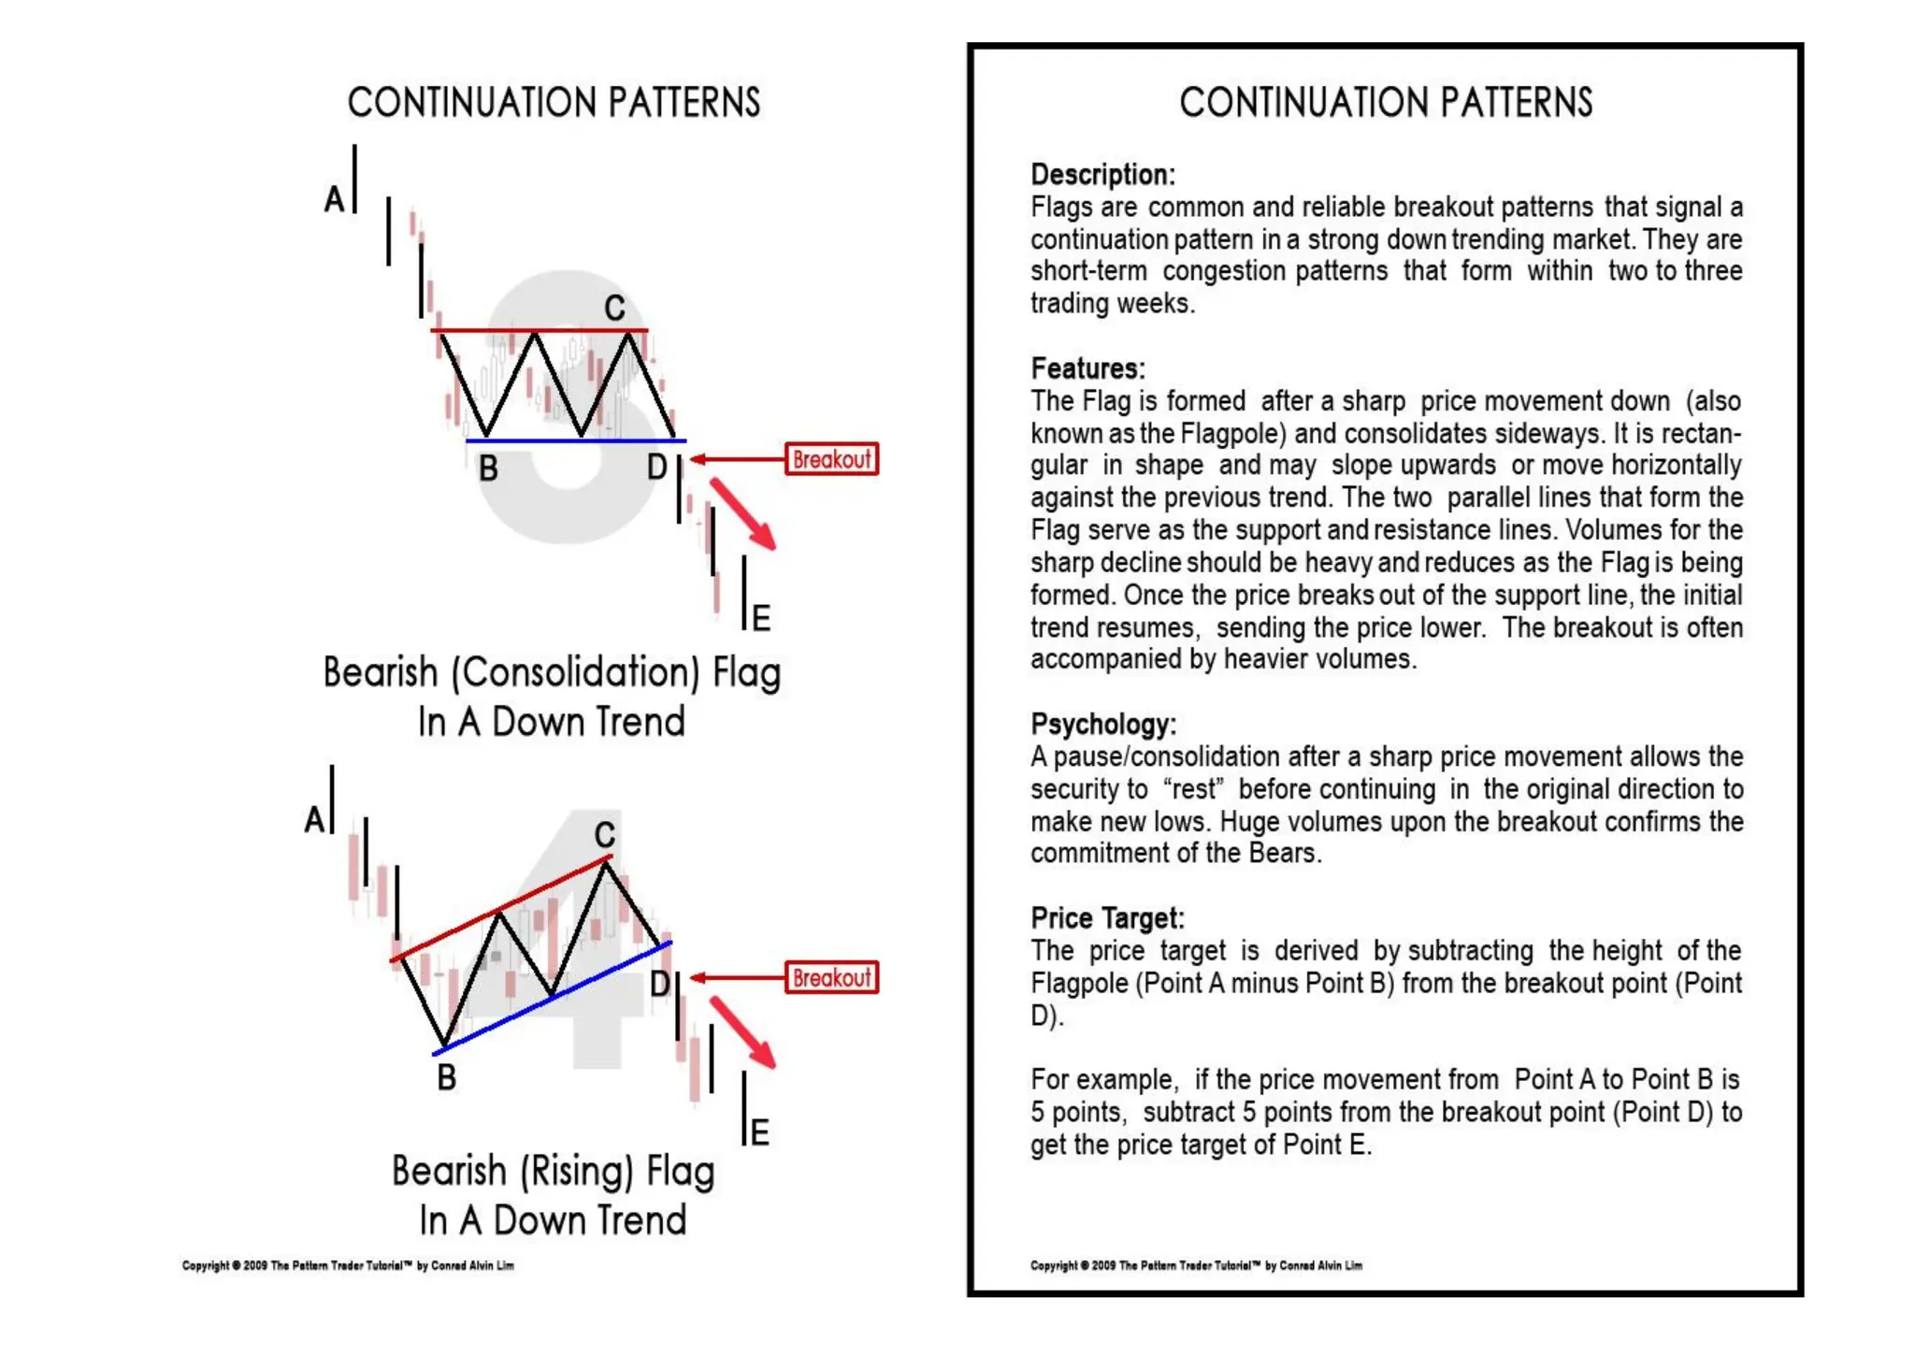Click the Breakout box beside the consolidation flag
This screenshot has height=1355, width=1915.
pos(831,459)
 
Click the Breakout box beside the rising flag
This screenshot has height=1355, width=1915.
pos(831,977)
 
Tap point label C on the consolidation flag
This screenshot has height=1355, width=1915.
pos(614,308)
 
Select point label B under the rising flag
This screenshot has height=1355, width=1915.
pos(447,1077)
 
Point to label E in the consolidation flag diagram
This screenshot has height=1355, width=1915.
pos(761,618)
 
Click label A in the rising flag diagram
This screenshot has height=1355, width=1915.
pos(314,820)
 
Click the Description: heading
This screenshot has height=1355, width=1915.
pos(1102,175)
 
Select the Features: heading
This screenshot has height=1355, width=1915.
pos(1087,368)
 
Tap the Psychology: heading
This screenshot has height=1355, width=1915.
pos(1103,724)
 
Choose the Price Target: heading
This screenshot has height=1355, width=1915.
pos(1107,917)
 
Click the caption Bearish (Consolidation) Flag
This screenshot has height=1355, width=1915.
pos(552,673)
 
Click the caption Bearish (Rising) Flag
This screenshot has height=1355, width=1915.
pos(553,1171)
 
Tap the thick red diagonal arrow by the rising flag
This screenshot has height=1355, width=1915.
pos(742,1031)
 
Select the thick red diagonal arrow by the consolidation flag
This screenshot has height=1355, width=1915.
pos(742,513)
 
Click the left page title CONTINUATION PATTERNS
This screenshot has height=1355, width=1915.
pos(554,103)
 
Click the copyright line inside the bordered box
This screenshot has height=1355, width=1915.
pos(1196,1265)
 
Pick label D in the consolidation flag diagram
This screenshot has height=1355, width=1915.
pos(657,467)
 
